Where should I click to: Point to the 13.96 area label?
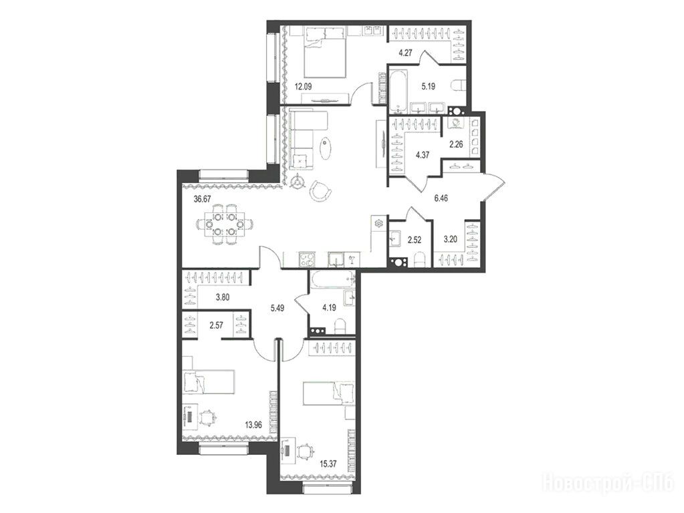252,424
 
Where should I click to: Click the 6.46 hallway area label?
441,198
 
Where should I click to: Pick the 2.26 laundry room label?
456,144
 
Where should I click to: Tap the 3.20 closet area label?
450,239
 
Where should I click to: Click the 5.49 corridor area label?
277,308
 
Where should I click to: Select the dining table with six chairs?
224,224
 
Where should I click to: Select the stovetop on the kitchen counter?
306,259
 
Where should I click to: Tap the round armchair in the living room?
320,190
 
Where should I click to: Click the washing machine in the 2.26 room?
457,124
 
